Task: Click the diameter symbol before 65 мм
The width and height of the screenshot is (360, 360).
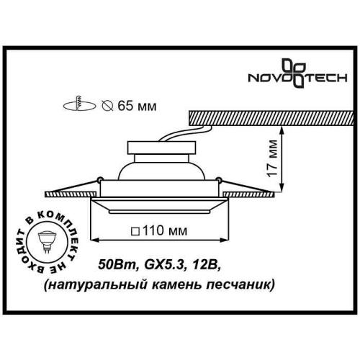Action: click(x=106, y=106)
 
